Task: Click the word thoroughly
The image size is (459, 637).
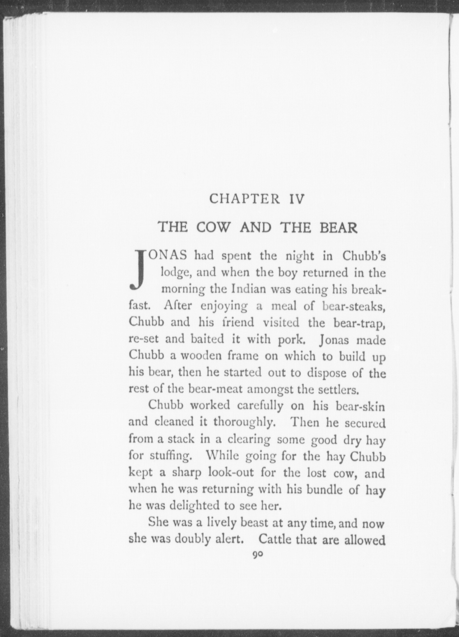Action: point(245,422)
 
